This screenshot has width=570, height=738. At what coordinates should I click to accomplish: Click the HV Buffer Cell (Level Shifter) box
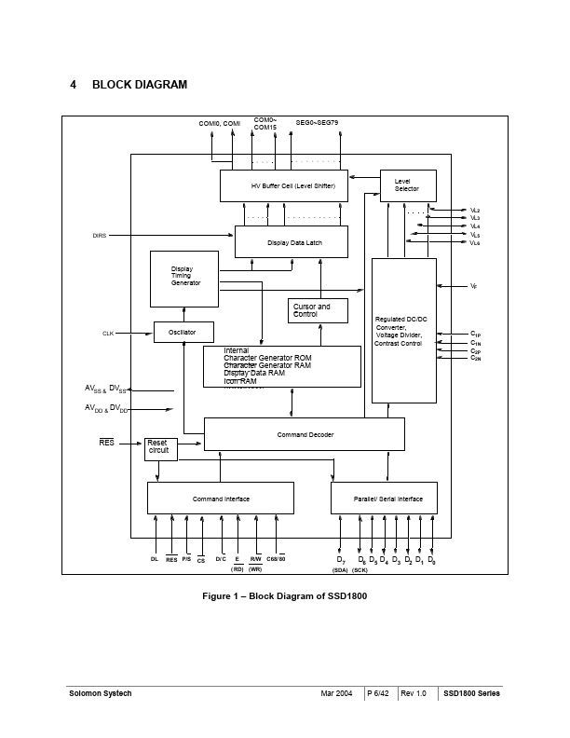click(x=284, y=185)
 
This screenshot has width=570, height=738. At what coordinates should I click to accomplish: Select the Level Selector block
click(x=406, y=185)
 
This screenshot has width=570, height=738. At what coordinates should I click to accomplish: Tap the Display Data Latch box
click(x=292, y=241)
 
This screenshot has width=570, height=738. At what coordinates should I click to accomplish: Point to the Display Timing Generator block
click(x=184, y=278)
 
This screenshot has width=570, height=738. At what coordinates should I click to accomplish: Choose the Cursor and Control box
click(x=318, y=310)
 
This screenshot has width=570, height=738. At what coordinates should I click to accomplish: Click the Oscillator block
click(x=183, y=332)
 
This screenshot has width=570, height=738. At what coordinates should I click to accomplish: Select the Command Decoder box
click(x=304, y=434)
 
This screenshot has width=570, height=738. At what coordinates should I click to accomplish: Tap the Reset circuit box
click(x=160, y=448)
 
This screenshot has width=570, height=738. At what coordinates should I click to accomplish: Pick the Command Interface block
click(x=220, y=499)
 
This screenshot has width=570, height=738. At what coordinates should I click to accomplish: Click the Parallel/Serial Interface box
click(x=384, y=499)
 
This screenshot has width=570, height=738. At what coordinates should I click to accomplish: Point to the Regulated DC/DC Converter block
click(x=403, y=330)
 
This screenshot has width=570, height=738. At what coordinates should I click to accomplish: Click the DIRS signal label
click(x=99, y=236)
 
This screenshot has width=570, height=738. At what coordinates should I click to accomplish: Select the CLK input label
click(x=107, y=333)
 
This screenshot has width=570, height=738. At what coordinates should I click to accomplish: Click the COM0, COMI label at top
click(x=219, y=123)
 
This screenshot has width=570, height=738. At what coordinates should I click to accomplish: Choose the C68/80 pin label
click(x=276, y=559)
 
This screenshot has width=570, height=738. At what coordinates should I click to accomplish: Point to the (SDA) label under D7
click(x=340, y=569)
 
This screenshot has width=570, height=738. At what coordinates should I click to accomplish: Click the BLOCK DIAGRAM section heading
click(x=139, y=85)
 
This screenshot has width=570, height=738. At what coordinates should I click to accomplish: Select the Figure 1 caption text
click(x=284, y=595)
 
